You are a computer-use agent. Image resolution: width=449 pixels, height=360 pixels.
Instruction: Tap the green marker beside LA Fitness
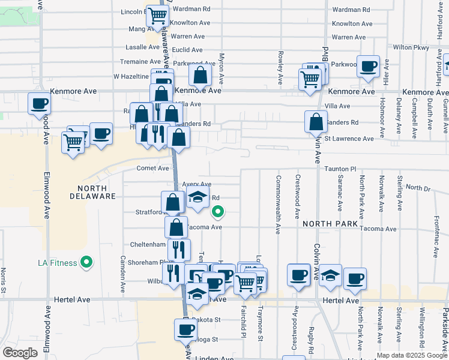[87, 262]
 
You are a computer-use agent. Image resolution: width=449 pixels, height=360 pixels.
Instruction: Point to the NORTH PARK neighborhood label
[330, 224]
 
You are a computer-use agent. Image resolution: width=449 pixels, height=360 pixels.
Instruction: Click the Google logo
[20, 353]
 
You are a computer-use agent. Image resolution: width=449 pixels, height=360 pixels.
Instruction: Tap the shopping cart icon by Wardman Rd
[157, 16]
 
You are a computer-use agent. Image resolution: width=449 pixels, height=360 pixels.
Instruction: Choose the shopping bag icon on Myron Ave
[200, 76]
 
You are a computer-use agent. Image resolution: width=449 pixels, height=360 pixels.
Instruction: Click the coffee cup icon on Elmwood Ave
[39, 103]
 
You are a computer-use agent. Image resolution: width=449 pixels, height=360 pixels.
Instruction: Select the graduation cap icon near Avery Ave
[196, 197]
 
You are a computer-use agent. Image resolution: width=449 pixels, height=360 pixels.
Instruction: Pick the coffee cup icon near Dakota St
[185, 329]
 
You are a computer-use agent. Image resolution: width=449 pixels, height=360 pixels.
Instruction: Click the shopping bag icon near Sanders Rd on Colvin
[316, 122]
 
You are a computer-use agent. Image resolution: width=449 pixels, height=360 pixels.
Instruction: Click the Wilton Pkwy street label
[411, 47]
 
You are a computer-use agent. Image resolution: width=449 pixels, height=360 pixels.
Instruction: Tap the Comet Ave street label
[152, 169]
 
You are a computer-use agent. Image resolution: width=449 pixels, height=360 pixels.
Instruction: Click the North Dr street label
[418, 188]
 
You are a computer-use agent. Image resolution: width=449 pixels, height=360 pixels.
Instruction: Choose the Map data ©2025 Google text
[412, 355]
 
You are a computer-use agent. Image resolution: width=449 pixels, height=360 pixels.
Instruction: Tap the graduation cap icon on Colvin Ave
[330, 275]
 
